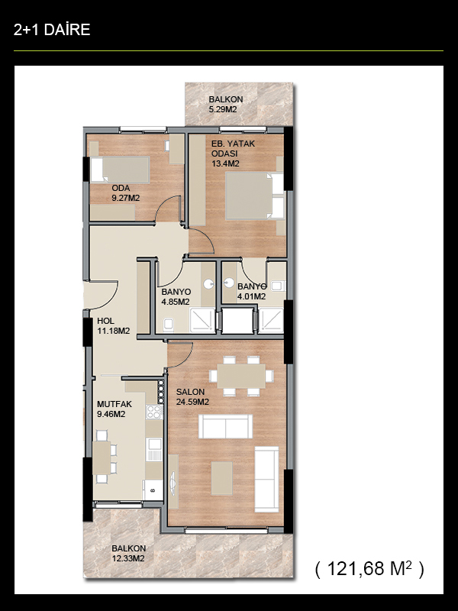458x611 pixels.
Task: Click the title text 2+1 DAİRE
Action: [x=52, y=30]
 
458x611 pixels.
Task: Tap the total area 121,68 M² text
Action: [x=369, y=569]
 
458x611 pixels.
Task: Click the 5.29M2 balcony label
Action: [x=225, y=105]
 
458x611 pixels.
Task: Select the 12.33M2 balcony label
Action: [x=128, y=553]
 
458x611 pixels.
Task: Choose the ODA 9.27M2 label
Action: [x=125, y=193]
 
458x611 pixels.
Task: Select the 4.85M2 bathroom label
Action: [x=176, y=296]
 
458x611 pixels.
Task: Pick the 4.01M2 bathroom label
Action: [x=252, y=292]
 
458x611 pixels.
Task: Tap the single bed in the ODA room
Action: [x=120, y=170]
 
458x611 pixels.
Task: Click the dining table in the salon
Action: [x=241, y=376]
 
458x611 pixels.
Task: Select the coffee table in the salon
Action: [x=221, y=478]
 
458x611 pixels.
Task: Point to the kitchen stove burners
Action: [x=154, y=412]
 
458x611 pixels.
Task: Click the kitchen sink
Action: [x=154, y=449]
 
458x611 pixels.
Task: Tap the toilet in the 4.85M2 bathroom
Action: [x=168, y=324]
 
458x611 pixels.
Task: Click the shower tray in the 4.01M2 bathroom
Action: [x=271, y=320]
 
